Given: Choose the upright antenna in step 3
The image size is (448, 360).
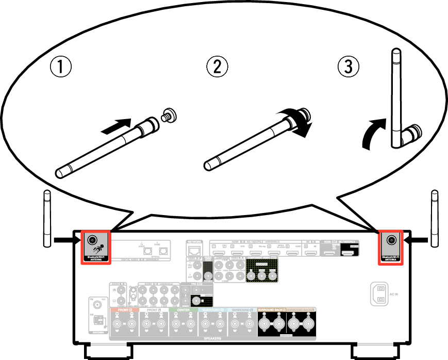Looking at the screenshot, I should tap(396, 98).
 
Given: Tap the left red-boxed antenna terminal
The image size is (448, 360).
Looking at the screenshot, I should tap(93, 240).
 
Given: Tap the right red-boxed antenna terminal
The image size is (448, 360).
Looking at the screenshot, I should tap(391, 240).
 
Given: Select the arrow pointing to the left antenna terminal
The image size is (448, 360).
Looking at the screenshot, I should tap(66, 239).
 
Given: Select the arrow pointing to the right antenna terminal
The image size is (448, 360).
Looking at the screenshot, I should tap(417, 239).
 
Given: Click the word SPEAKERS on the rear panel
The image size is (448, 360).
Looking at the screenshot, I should tap(212, 338).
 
